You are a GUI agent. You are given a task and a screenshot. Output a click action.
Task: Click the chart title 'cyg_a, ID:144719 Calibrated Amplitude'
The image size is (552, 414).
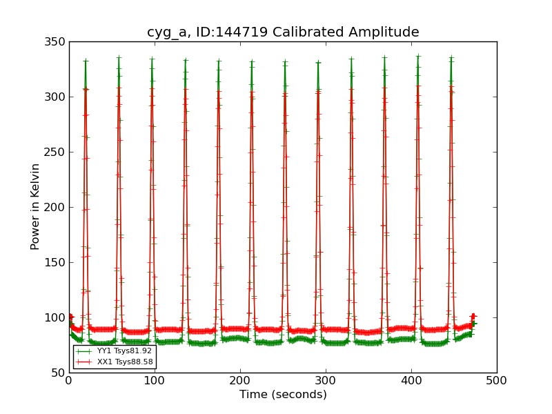tap(283, 32)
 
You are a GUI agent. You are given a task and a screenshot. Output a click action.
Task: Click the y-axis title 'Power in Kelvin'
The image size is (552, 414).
tap(35, 207)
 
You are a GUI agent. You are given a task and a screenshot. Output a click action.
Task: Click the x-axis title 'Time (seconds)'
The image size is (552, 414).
tap(283, 395)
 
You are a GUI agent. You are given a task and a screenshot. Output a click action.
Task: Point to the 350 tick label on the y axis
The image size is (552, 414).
tap(57, 42)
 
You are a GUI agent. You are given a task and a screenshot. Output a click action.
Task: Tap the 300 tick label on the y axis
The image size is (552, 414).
tap(57, 97)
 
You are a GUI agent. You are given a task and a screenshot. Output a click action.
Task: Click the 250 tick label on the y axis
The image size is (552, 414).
tap(57, 152)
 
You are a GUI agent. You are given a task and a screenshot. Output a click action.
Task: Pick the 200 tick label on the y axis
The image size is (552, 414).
tap(57, 208)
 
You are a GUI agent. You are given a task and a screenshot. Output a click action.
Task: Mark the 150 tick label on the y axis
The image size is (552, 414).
tap(57, 263)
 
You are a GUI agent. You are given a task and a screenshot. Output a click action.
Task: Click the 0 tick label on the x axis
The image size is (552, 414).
tap(69, 380)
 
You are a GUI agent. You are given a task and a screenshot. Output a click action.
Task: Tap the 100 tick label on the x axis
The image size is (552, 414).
tap(155, 380)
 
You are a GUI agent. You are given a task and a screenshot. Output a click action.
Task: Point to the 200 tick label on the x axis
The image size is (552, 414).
tap(240, 380)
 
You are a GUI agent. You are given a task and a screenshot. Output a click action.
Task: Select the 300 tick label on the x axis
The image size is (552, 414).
tap(326, 380)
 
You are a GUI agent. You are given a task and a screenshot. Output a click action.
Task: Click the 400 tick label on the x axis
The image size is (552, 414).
tap(411, 380)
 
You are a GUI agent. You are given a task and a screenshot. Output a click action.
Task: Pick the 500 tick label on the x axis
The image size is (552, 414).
tap(497, 380)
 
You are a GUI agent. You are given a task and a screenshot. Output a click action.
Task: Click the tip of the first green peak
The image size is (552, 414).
tap(86, 60)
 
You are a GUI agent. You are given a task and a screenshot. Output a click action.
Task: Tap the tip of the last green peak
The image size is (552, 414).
tap(451, 58)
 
